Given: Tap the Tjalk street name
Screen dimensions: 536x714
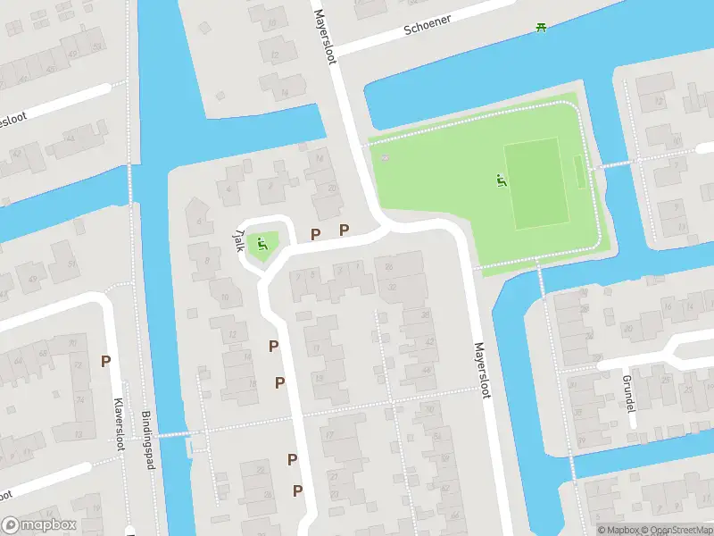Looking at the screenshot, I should click(237, 243).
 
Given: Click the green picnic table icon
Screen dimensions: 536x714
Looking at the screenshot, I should click(541, 28).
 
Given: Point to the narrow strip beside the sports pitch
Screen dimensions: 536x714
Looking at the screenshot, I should click(579, 172).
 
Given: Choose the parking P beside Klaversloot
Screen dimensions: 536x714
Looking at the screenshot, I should click(106, 361).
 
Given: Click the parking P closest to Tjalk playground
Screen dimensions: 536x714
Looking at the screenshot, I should click(314, 233).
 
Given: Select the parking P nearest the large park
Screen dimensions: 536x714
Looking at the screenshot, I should click(344, 230).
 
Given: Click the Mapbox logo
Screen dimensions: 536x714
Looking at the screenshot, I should click(39, 525).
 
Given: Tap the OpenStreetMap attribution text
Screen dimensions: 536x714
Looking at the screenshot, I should click(681, 530).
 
